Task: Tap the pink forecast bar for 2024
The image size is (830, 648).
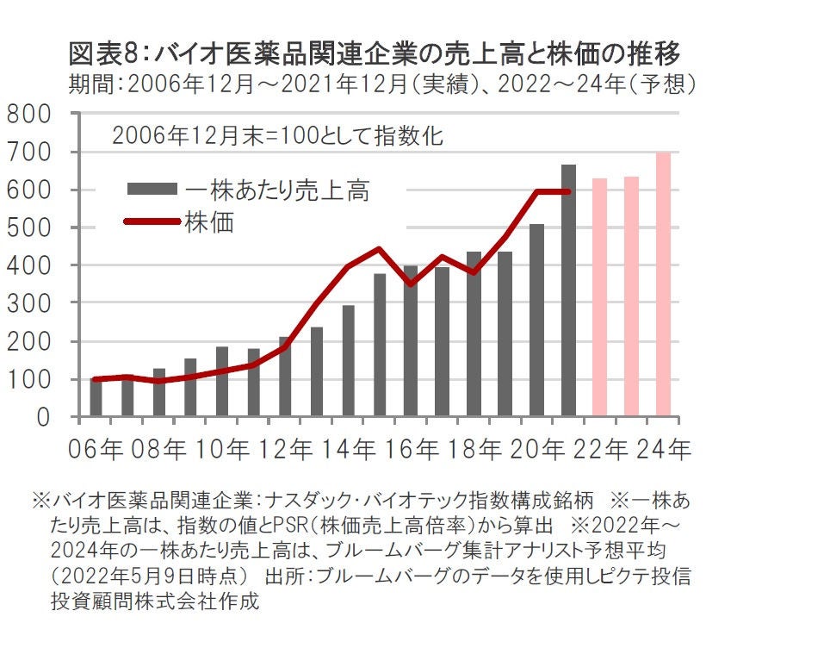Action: click(x=663, y=284)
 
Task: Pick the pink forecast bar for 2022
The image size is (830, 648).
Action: click(x=599, y=297)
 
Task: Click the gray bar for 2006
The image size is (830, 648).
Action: click(x=96, y=398)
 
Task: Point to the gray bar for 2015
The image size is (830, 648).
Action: click(x=380, y=345)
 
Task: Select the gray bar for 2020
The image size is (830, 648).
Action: click(x=537, y=321)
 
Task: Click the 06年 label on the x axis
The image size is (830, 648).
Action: click(x=96, y=450)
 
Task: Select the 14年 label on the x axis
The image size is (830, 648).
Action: click(x=348, y=450)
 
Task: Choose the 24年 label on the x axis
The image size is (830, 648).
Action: click(x=663, y=450)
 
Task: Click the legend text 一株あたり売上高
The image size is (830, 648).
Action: click(x=276, y=190)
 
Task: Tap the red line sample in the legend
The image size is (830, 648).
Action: click(x=152, y=221)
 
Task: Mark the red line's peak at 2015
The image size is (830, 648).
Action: click(x=380, y=249)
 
